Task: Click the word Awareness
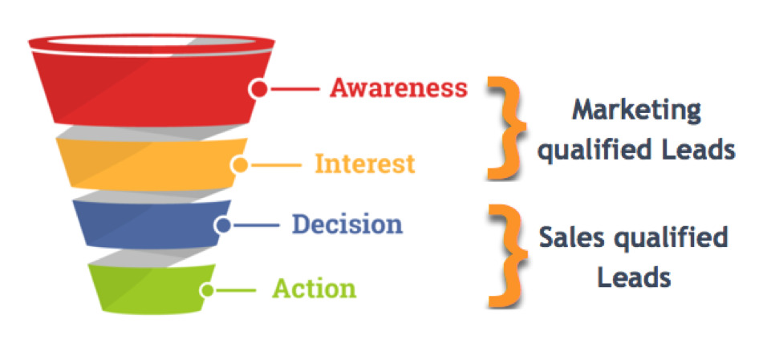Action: (398, 87)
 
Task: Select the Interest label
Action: (365, 164)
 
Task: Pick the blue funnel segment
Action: (144, 223)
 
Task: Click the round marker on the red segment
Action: (258, 88)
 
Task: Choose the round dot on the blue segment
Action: (223, 225)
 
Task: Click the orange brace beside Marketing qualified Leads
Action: (506, 127)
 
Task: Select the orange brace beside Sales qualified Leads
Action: (506, 255)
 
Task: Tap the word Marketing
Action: (636, 109)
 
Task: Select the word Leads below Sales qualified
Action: (632, 277)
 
